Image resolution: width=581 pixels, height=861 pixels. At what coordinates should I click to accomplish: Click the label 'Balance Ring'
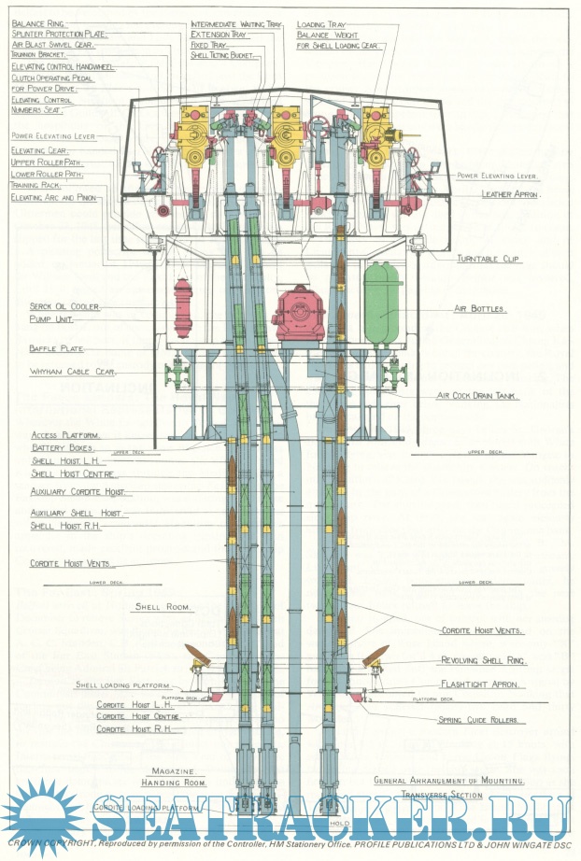(x=38, y=22)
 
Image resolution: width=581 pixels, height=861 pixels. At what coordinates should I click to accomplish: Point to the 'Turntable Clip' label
(x=489, y=259)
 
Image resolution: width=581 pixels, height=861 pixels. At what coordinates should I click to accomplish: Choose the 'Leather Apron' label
(x=511, y=194)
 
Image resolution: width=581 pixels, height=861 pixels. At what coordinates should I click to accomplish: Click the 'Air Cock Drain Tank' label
(x=478, y=395)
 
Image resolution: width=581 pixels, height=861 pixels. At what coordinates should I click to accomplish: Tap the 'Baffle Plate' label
(x=56, y=349)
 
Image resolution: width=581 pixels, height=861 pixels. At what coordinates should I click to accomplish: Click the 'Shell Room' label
(x=163, y=607)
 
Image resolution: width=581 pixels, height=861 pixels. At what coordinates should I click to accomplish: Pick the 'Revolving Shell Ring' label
(x=484, y=660)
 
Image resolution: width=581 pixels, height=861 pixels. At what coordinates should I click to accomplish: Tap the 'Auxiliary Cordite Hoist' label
(x=80, y=491)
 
